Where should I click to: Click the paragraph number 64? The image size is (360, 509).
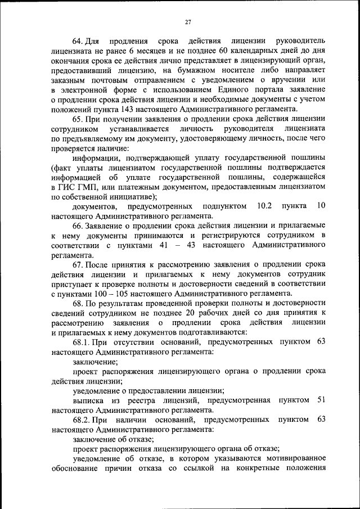78,42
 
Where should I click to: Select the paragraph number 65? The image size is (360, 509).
78,119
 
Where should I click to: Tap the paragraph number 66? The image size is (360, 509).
78,225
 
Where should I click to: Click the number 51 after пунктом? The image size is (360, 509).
321,400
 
